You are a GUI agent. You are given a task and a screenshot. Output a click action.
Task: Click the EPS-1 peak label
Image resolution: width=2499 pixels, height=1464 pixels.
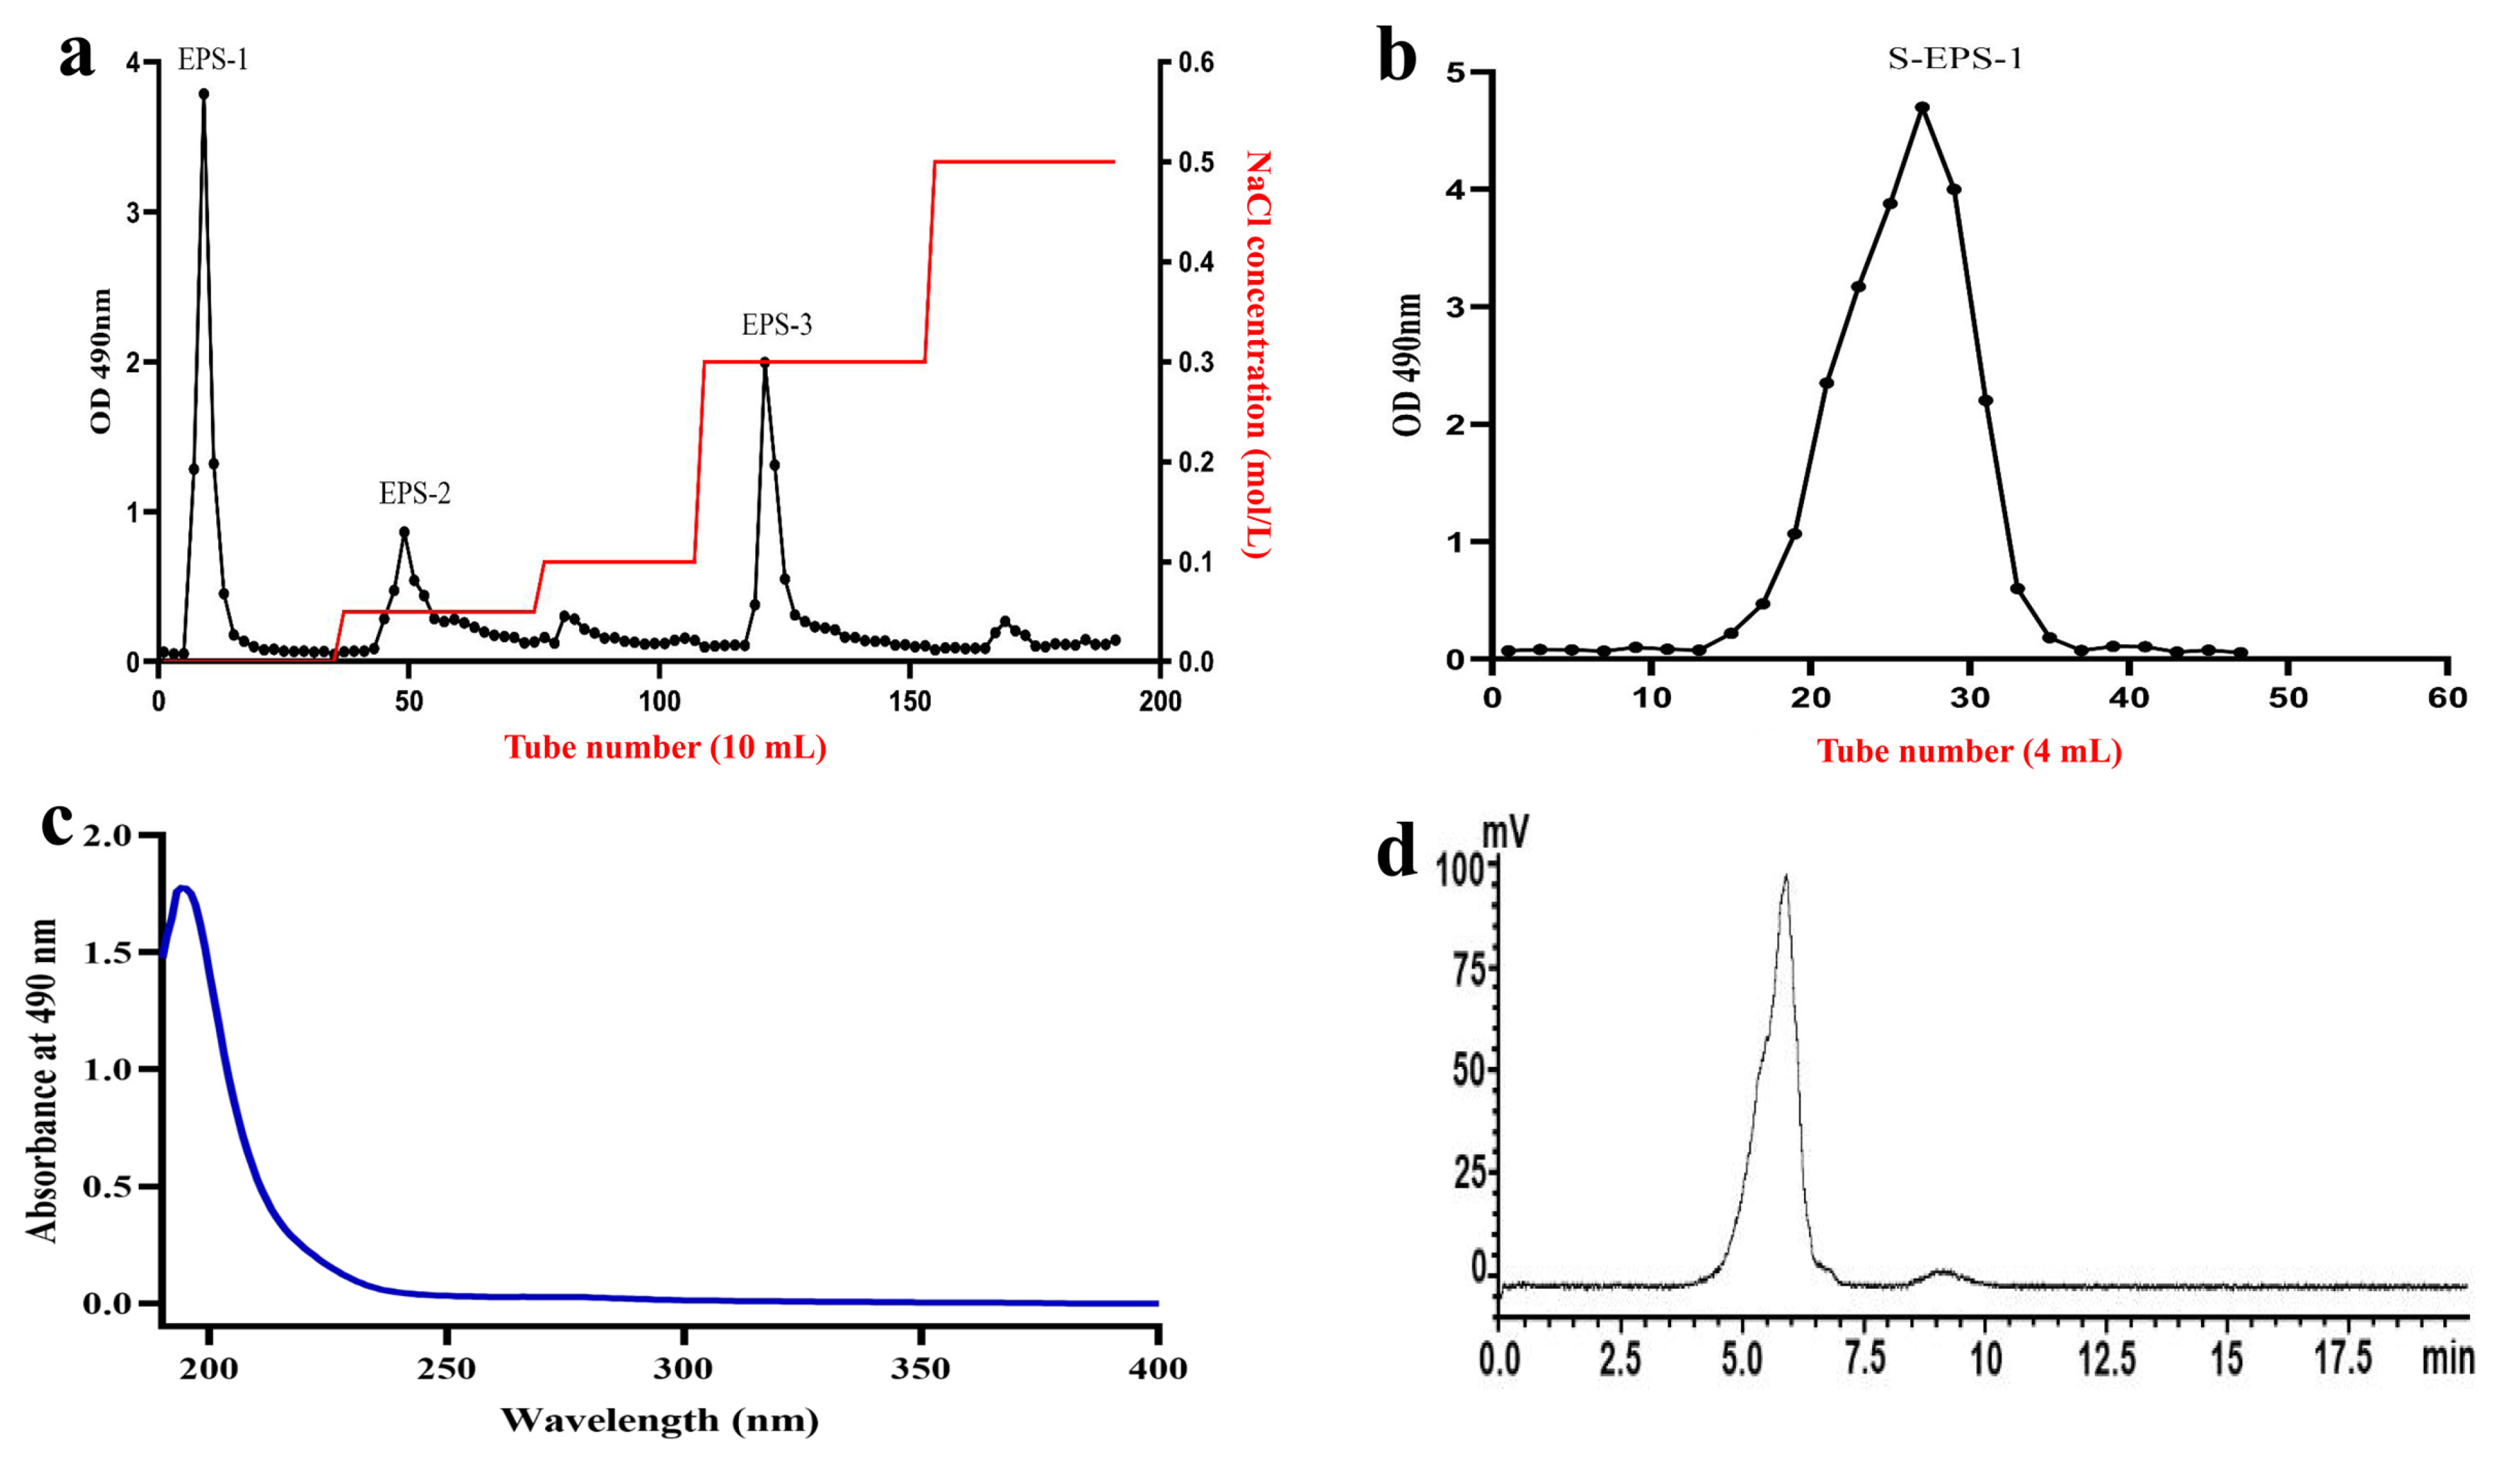[x=212, y=60]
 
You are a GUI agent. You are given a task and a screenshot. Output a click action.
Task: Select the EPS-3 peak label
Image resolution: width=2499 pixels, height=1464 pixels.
[x=776, y=324]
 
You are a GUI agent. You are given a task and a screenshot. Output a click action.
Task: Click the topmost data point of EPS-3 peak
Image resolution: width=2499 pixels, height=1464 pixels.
[x=764, y=362]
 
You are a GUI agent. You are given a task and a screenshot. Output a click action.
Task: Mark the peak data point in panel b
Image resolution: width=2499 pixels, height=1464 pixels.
[x=1922, y=107]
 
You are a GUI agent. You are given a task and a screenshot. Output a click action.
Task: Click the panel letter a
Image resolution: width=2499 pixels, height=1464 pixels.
[x=77, y=54]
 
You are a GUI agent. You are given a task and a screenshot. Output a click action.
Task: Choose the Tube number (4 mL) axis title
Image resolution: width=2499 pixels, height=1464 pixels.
[x=1968, y=751]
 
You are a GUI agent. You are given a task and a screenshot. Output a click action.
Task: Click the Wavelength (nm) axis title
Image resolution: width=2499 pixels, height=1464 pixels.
[x=660, y=1420]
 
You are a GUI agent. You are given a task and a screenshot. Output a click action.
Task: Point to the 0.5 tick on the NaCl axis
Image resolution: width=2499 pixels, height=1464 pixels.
[x=1195, y=162]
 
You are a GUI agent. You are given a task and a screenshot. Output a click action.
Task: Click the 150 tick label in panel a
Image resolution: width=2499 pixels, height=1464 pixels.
[x=909, y=701]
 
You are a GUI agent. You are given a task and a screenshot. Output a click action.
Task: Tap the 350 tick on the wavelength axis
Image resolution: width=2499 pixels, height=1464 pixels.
[x=921, y=1370]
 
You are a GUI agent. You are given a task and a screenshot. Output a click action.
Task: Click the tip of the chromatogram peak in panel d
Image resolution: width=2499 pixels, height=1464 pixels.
[x=1786, y=876]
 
